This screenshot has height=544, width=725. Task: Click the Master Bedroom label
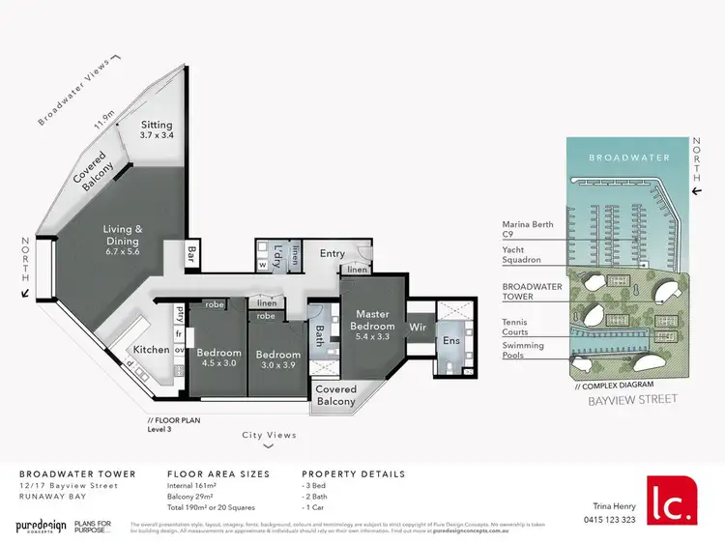tap(372, 321)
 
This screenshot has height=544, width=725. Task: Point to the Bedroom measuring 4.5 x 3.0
tap(218, 358)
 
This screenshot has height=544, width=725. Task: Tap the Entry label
tap(333, 254)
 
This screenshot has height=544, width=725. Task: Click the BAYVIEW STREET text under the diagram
tap(632, 398)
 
